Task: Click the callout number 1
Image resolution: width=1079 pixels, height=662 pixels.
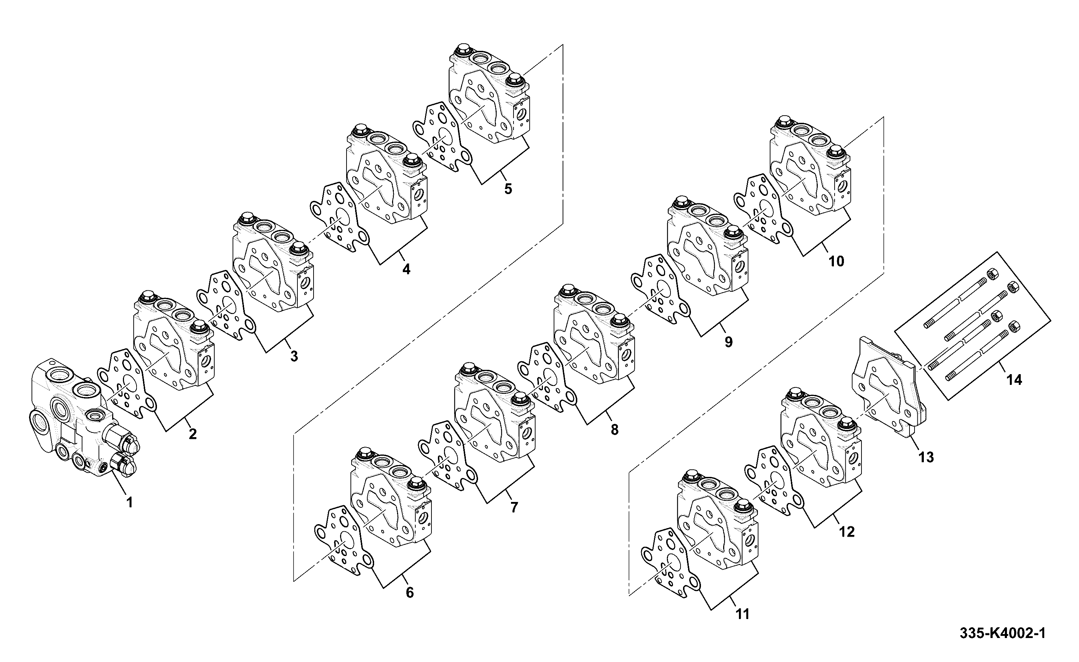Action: [x=129, y=502]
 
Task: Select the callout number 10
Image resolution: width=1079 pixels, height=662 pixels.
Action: [x=836, y=261]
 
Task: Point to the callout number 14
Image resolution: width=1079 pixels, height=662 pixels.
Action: [x=1014, y=380]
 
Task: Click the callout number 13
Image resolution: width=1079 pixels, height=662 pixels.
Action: [x=926, y=458]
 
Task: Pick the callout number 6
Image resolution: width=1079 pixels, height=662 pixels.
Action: [x=410, y=593]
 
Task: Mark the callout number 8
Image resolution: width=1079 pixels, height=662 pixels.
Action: [x=615, y=430]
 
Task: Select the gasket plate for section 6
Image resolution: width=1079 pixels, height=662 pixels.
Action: [x=344, y=541]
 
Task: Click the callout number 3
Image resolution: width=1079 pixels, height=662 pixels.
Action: [x=294, y=356]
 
